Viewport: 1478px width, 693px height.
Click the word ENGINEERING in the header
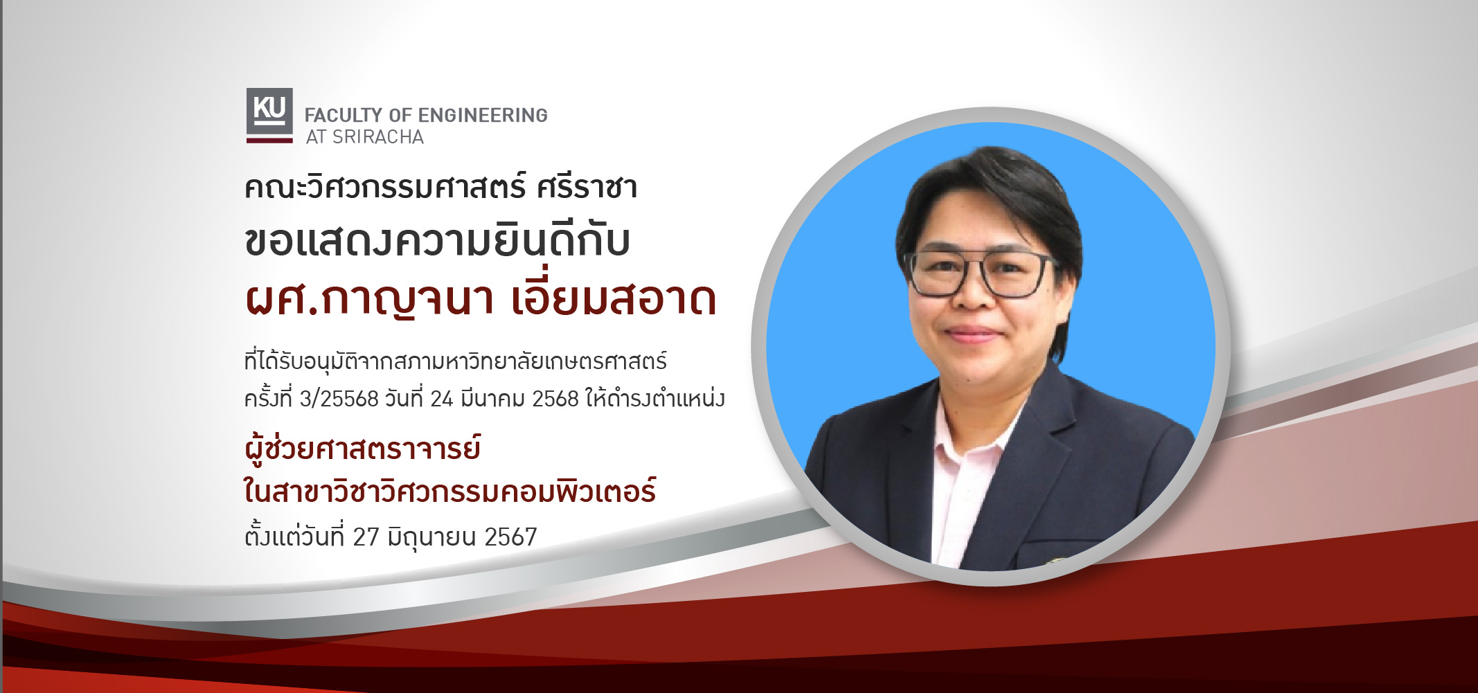(x=483, y=115)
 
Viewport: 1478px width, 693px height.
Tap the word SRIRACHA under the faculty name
(x=378, y=137)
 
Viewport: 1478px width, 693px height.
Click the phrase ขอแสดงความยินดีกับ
(x=437, y=242)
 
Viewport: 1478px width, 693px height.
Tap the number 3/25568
(x=339, y=399)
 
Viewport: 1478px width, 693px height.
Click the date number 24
(x=441, y=399)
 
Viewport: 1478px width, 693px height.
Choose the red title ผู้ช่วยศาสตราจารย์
(x=362, y=449)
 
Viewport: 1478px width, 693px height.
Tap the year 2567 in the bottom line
(x=510, y=537)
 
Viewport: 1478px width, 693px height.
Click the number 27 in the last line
(x=366, y=537)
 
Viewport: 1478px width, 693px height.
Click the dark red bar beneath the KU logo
(x=269, y=141)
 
